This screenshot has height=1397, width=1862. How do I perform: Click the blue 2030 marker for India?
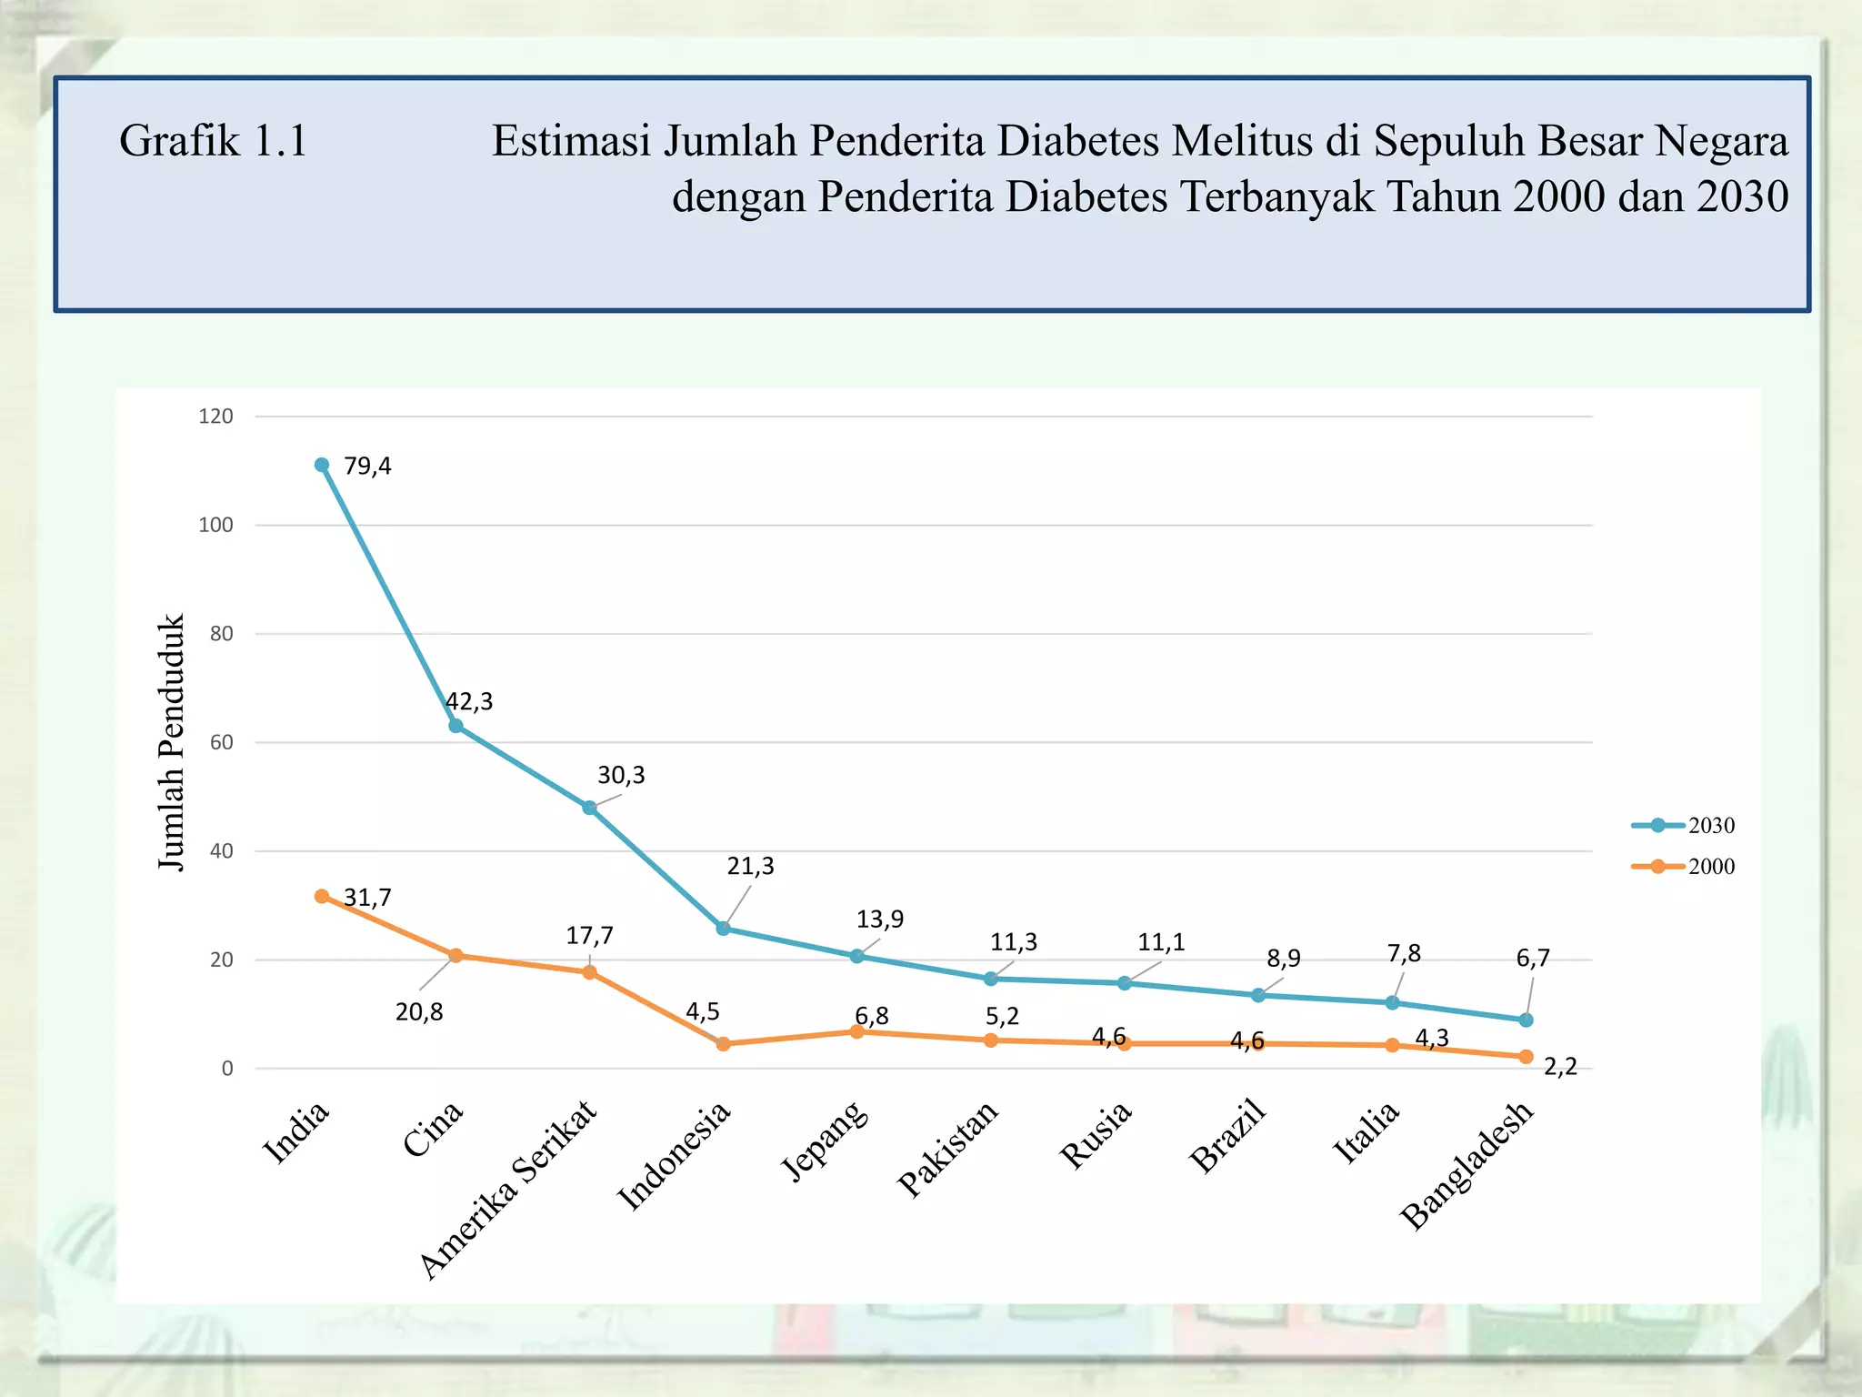pos(322,465)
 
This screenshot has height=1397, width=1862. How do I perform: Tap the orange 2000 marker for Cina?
pos(455,955)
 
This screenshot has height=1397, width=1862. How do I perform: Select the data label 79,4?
pos(367,467)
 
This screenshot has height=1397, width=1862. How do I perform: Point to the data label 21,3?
pos(750,867)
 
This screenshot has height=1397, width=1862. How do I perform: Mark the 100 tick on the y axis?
pos(216,525)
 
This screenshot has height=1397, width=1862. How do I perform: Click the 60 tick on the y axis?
pos(221,742)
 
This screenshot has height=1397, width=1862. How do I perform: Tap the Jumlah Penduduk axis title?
pos(171,741)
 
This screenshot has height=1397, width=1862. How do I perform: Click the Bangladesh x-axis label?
pos(1467,1166)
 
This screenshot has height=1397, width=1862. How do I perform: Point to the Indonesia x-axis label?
pos(675,1155)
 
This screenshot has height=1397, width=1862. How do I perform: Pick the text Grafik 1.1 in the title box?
pos(214,141)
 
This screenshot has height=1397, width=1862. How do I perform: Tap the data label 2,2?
pos(1560,1067)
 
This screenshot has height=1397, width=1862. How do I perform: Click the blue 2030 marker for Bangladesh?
pos(1526,1020)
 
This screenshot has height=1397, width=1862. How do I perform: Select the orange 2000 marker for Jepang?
pos(856,1031)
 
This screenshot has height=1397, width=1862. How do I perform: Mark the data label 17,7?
pos(589,936)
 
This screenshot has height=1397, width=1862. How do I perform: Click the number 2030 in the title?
pos(1742,196)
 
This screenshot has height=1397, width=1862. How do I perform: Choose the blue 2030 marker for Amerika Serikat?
pos(589,808)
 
